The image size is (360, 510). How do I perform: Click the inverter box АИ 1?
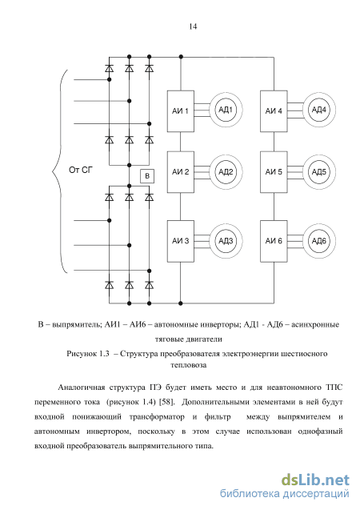click(x=181, y=111)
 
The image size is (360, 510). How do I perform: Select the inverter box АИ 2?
click(x=181, y=171)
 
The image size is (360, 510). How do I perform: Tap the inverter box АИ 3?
click(x=181, y=241)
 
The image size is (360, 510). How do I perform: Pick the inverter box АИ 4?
click(x=274, y=111)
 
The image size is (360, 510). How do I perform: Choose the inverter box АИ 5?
click(x=274, y=171)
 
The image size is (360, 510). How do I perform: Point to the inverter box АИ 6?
click(x=274, y=241)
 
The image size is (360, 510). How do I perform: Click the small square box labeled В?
click(x=147, y=176)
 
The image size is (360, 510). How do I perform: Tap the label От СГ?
click(x=81, y=170)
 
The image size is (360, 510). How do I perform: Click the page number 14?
click(x=193, y=26)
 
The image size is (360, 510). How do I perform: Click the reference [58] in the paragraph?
click(x=166, y=402)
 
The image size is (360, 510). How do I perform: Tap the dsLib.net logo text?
click(x=315, y=480)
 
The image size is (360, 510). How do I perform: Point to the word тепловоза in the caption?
click(x=189, y=365)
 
